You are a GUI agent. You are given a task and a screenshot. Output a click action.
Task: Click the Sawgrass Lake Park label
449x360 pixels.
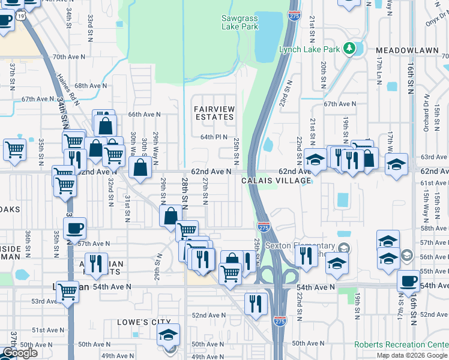click(x=240, y=23)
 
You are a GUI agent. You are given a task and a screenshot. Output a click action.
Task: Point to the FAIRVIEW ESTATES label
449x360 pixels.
click(x=214, y=113)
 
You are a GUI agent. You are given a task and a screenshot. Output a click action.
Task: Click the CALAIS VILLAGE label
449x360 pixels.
click(x=277, y=181)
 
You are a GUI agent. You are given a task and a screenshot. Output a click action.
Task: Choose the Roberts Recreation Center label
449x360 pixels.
click(x=401, y=344)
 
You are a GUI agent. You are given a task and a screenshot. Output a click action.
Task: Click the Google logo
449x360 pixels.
click(x=19, y=353)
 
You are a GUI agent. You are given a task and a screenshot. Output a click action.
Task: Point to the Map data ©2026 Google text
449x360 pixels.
click(x=412, y=356)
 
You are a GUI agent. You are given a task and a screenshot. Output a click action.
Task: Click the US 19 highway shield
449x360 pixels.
click(x=21, y=17)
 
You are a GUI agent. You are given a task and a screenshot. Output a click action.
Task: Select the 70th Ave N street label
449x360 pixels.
click(x=67, y=57)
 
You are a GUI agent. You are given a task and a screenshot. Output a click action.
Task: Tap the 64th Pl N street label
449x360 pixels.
click(x=214, y=137)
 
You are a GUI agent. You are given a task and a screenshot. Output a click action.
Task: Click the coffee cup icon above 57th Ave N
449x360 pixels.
click(x=74, y=228)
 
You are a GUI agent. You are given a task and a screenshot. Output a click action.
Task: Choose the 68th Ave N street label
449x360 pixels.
click(x=91, y=86)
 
